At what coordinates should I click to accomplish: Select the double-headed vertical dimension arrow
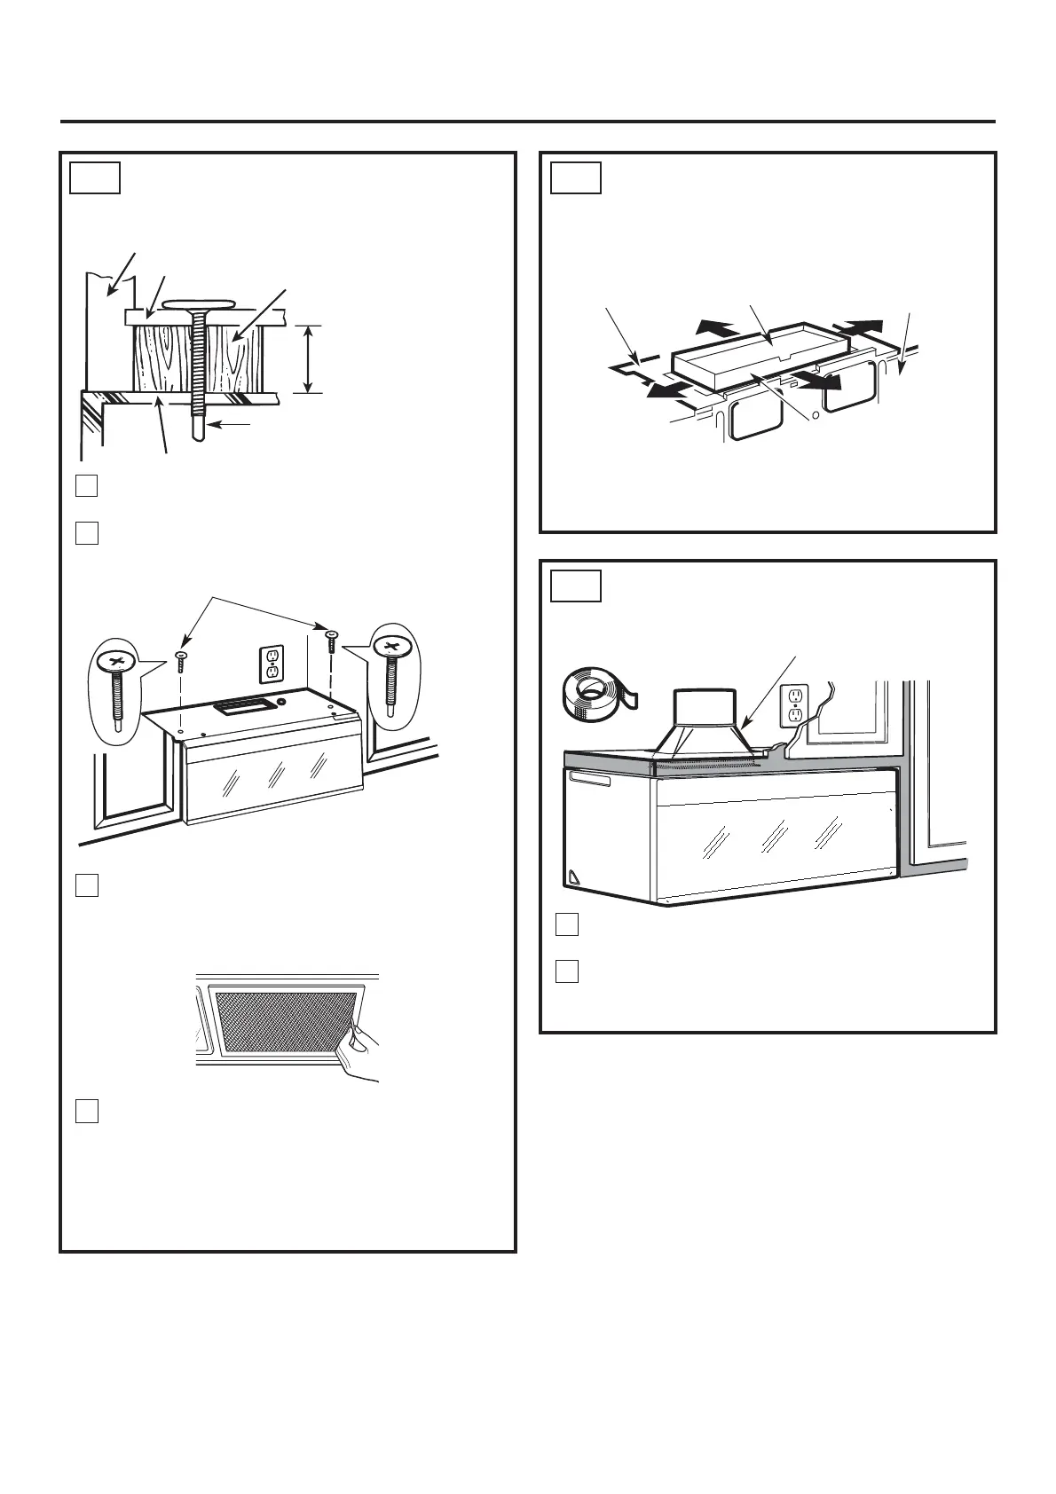tap(307, 359)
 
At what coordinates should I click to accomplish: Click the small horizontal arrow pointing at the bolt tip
tap(233, 425)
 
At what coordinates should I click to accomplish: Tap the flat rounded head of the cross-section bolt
tap(203, 304)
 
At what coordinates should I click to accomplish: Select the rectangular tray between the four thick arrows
tap(761, 353)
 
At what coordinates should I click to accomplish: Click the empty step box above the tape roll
tap(575, 586)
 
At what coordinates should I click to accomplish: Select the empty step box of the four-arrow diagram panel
tap(575, 177)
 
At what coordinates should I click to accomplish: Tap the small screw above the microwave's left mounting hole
tap(181, 660)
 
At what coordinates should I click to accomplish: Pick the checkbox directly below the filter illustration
tap(86, 1111)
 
